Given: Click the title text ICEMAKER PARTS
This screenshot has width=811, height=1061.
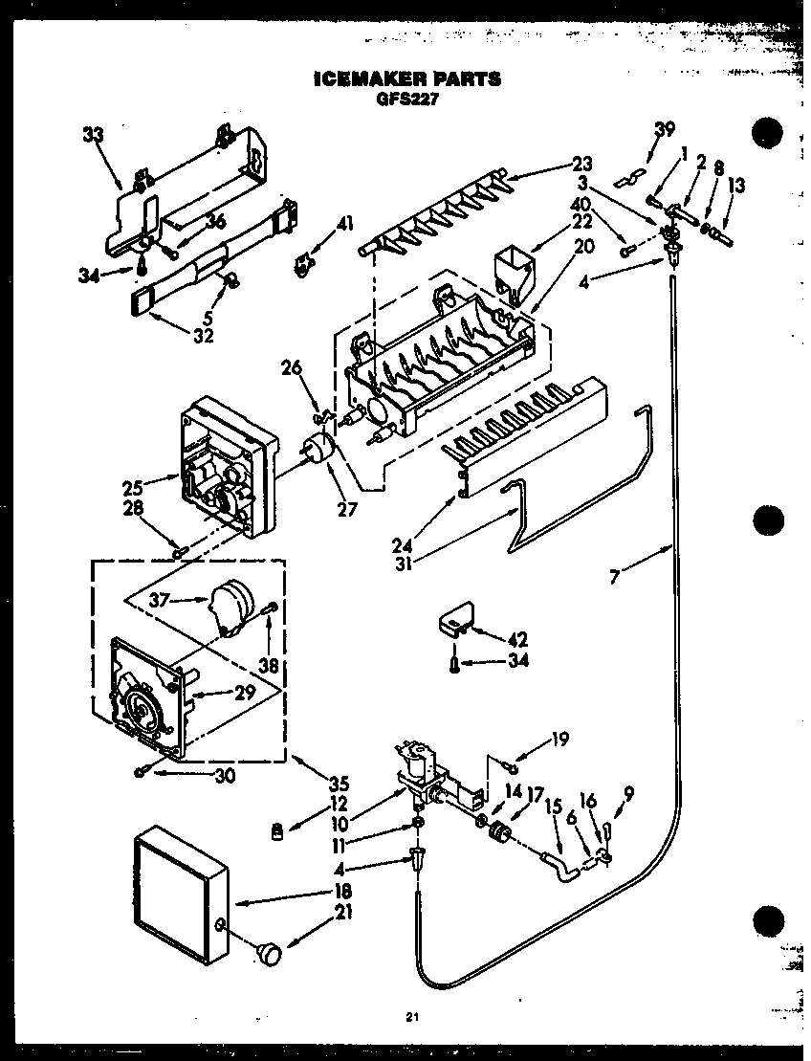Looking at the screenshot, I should coord(406,78).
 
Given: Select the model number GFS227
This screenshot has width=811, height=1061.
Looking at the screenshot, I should coord(406,98).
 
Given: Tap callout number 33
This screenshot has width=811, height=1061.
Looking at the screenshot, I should coord(92,136).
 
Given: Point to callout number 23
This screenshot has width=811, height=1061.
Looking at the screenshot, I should coord(582,163).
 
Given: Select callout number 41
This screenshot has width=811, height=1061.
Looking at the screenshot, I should coord(344,225).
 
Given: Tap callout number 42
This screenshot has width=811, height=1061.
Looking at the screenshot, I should coord(517,639).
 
